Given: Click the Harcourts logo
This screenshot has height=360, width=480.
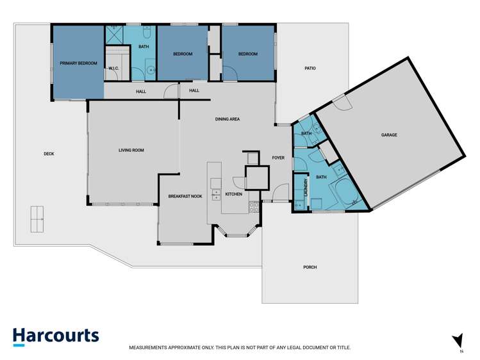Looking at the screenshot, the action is [56, 337].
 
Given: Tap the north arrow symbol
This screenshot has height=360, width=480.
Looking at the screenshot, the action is [458, 341].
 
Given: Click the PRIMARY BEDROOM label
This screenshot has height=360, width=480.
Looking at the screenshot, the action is [78, 63].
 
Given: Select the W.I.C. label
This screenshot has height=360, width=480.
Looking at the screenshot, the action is [113, 68].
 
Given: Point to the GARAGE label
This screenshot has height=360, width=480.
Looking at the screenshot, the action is [389, 135].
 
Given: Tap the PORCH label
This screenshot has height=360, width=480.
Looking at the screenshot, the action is [310, 267].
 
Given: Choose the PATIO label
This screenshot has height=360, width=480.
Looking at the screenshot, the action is [310, 68].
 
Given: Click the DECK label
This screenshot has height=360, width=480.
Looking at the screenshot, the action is [49, 154].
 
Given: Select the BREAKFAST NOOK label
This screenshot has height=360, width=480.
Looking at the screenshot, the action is [185, 197].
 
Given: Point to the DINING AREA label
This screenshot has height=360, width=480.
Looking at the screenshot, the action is [228, 119].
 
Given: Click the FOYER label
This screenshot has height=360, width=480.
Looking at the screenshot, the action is [278, 158].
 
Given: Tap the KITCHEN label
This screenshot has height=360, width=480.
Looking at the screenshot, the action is [234, 194].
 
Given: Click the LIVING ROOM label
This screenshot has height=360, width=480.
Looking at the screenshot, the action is [131, 150].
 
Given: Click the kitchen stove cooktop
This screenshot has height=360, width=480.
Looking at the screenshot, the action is [254, 207].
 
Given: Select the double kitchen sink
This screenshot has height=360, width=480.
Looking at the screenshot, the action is [216, 195].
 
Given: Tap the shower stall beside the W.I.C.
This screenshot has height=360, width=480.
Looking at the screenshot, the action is [114, 35].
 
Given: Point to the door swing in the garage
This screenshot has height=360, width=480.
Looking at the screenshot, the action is [343, 102].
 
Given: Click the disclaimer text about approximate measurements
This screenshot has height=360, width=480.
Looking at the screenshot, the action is [240, 347].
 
